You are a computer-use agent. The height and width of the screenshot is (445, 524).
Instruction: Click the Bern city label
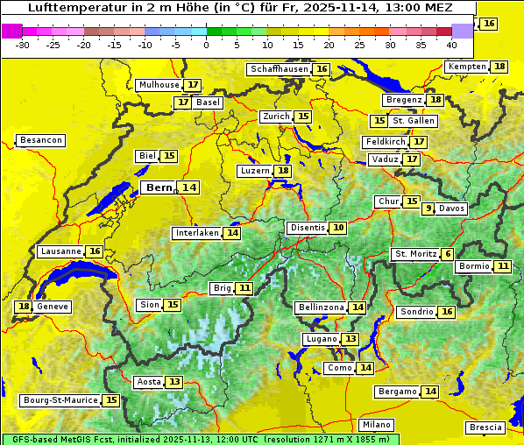coord(159,187)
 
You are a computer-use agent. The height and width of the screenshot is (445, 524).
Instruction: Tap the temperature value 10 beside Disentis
coord(338,228)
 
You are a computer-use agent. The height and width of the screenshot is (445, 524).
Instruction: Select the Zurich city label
coord(275,117)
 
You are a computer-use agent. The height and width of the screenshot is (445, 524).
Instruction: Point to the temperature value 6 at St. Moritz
coord(448,254)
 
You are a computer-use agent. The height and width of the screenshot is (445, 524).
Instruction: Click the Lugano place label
coord(319,339)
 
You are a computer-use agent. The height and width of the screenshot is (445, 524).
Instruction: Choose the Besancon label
coord(41,140)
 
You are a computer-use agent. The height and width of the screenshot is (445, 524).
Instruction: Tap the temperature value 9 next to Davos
coord(428,208)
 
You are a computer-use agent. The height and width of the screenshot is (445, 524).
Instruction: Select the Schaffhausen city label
coord(278,69)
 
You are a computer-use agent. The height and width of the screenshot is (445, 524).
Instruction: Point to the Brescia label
coord(485,427)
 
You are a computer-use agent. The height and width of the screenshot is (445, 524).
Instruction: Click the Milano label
coord(377,424)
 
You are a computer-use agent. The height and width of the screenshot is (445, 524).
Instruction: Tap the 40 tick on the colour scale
coord(451,44)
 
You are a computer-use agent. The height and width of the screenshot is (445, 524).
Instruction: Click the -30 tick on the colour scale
coord(23,44)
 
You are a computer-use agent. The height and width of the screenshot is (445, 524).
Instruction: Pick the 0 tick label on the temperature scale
coord(206,44)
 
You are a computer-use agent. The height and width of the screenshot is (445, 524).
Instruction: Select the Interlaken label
coord(196,233)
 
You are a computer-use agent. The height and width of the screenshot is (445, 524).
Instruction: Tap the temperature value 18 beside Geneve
coord(24,307)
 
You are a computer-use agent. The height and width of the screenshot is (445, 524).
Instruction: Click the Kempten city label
coord(466,67)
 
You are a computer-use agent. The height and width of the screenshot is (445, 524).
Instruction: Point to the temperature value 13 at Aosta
coord(174,382)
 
